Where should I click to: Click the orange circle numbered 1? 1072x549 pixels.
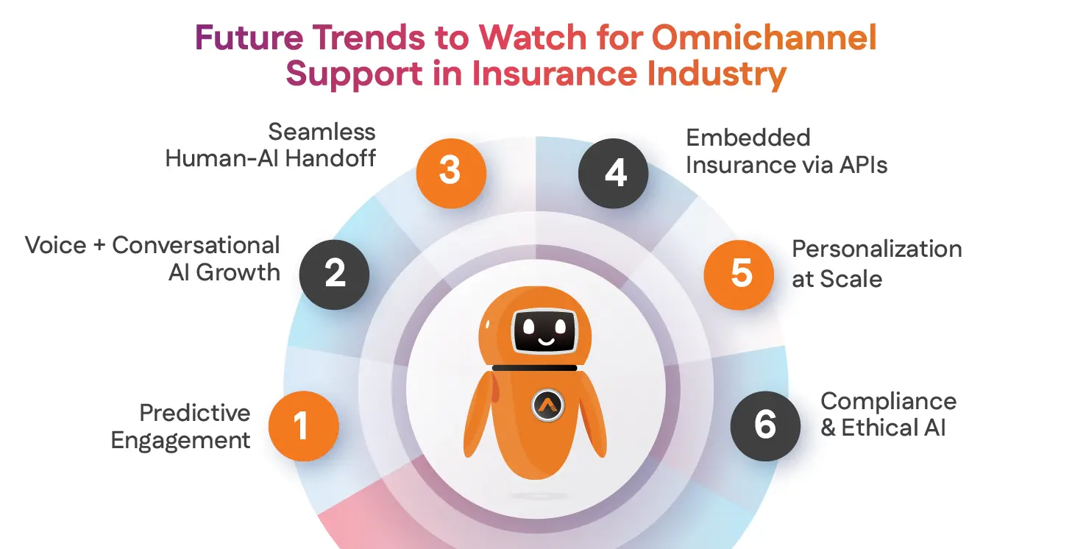pos(303,425)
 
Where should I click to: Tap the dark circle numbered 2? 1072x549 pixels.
pos(335,273)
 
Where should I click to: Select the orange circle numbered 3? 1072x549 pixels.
pos(450,170)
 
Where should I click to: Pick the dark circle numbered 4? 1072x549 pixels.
pos(614,172)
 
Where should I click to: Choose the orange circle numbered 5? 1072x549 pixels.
pos(739,273)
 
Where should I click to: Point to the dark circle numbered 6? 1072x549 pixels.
pos(765,425)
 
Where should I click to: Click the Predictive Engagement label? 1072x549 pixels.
pos(181,427)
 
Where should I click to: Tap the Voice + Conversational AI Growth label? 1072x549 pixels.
pos(153,259)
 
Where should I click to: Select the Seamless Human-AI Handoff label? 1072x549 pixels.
pos(271,145)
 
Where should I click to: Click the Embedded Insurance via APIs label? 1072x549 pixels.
pos(786,152)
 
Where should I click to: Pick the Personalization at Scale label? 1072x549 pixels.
pos(876,263)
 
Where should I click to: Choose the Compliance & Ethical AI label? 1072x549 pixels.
pos(888,414)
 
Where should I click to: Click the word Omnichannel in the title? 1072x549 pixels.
pos(764,38)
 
